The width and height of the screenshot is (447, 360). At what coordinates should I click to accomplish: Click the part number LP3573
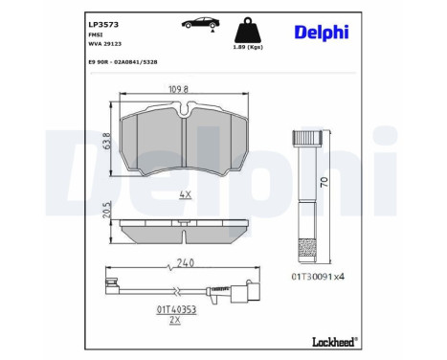(103, 25)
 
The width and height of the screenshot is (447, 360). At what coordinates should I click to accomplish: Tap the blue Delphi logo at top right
(322, 33)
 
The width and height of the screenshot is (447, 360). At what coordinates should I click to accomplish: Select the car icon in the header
(201, 23)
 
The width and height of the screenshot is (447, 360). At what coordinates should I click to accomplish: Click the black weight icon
(248, 30)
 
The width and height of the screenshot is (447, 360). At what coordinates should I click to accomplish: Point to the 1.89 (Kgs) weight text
(248, 47)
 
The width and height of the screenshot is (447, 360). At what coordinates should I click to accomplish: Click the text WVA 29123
(104, 44)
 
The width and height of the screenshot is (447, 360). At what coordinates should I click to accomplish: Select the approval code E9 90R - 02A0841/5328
(123, 62)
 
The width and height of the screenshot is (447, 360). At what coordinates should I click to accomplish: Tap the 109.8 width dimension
(178, 89)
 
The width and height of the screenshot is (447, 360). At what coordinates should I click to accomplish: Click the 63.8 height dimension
(107, 141)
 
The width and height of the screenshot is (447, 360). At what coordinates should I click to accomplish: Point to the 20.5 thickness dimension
(107, 210)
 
